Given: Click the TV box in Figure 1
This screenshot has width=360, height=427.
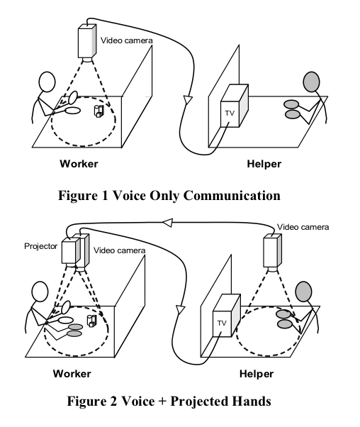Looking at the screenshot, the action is [x=234, y=106].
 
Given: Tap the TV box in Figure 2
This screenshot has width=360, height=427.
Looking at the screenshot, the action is [x=226, y=316].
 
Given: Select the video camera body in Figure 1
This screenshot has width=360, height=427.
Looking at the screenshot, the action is [x=87, y=41].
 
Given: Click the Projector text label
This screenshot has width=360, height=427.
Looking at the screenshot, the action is [x=41, y=246].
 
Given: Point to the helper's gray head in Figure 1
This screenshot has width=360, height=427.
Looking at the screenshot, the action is [x=311, y=82].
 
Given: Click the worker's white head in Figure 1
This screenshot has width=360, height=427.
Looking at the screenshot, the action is [x=47, y=82].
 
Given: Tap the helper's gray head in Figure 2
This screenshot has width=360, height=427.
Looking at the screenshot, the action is [x=304, y=292].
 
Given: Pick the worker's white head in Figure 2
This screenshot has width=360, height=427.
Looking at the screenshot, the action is [x=40, y=292].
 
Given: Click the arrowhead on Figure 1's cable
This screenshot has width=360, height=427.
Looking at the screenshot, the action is [x=188, y=99].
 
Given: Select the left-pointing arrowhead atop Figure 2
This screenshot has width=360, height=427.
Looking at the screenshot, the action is [x=168, y=223].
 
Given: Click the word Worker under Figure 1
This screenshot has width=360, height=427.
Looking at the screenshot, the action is [x=79, y=164].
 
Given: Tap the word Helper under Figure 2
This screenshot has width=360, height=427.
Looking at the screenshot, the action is [x=257, y=374].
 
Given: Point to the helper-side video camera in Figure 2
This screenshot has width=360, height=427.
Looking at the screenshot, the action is [x=272, y=251].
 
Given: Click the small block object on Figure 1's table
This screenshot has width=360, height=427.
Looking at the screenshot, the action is [x=99, y=111].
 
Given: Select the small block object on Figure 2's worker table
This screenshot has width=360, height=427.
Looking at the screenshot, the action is [x=91, y=321].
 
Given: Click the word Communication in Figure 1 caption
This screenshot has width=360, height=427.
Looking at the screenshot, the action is [x=232, y=196].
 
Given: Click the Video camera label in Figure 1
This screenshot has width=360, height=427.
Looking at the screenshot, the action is [x=127, y=40].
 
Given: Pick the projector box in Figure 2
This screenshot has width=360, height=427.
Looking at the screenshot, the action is [x=71, y=250].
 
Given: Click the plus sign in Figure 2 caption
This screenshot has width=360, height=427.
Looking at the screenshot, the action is [x=162, y=401].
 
